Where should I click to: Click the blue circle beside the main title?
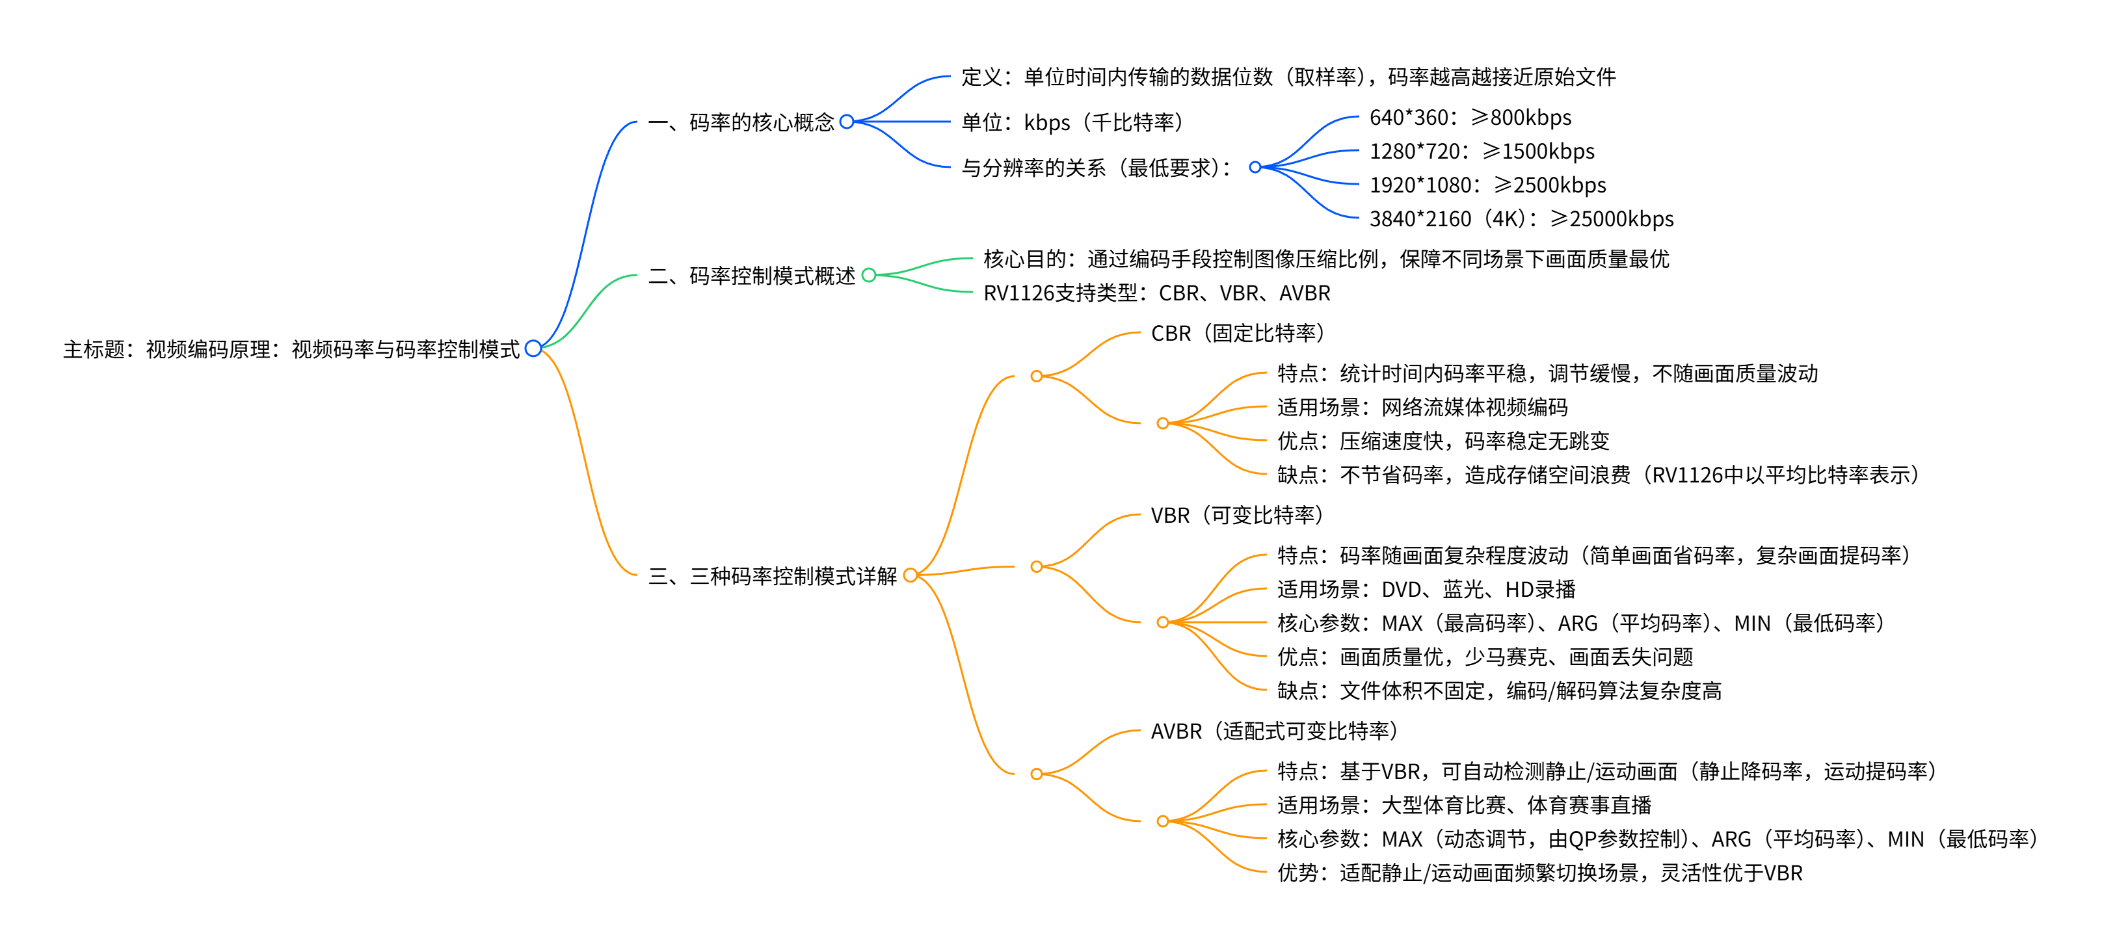pos(533,349)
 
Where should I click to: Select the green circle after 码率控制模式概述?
pos(869,275)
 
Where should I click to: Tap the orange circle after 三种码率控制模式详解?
pos(910,575)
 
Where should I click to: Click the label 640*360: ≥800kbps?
pos(1470,118)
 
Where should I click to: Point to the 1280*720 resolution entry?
pos(1481,151)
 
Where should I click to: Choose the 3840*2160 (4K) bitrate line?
pos(1521,218)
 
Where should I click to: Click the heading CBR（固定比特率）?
pos(1237,334)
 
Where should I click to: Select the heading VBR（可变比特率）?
pos(1236,516)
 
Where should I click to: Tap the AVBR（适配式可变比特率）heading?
pos(1273,730)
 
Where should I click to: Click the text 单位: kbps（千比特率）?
pos(1072,122)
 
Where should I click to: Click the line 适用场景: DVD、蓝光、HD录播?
pos(1426,589)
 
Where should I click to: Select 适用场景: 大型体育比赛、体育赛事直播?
pos(1464,805)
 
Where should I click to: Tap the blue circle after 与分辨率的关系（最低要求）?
pos(1255,168)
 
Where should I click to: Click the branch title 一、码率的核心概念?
pos(741,122)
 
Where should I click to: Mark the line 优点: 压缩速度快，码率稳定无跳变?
pos(1443,441)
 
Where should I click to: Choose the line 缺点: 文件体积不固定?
pos(1498,691)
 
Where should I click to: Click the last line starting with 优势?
pos(1539,873)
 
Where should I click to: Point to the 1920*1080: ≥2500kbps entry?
pos(1487,185)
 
